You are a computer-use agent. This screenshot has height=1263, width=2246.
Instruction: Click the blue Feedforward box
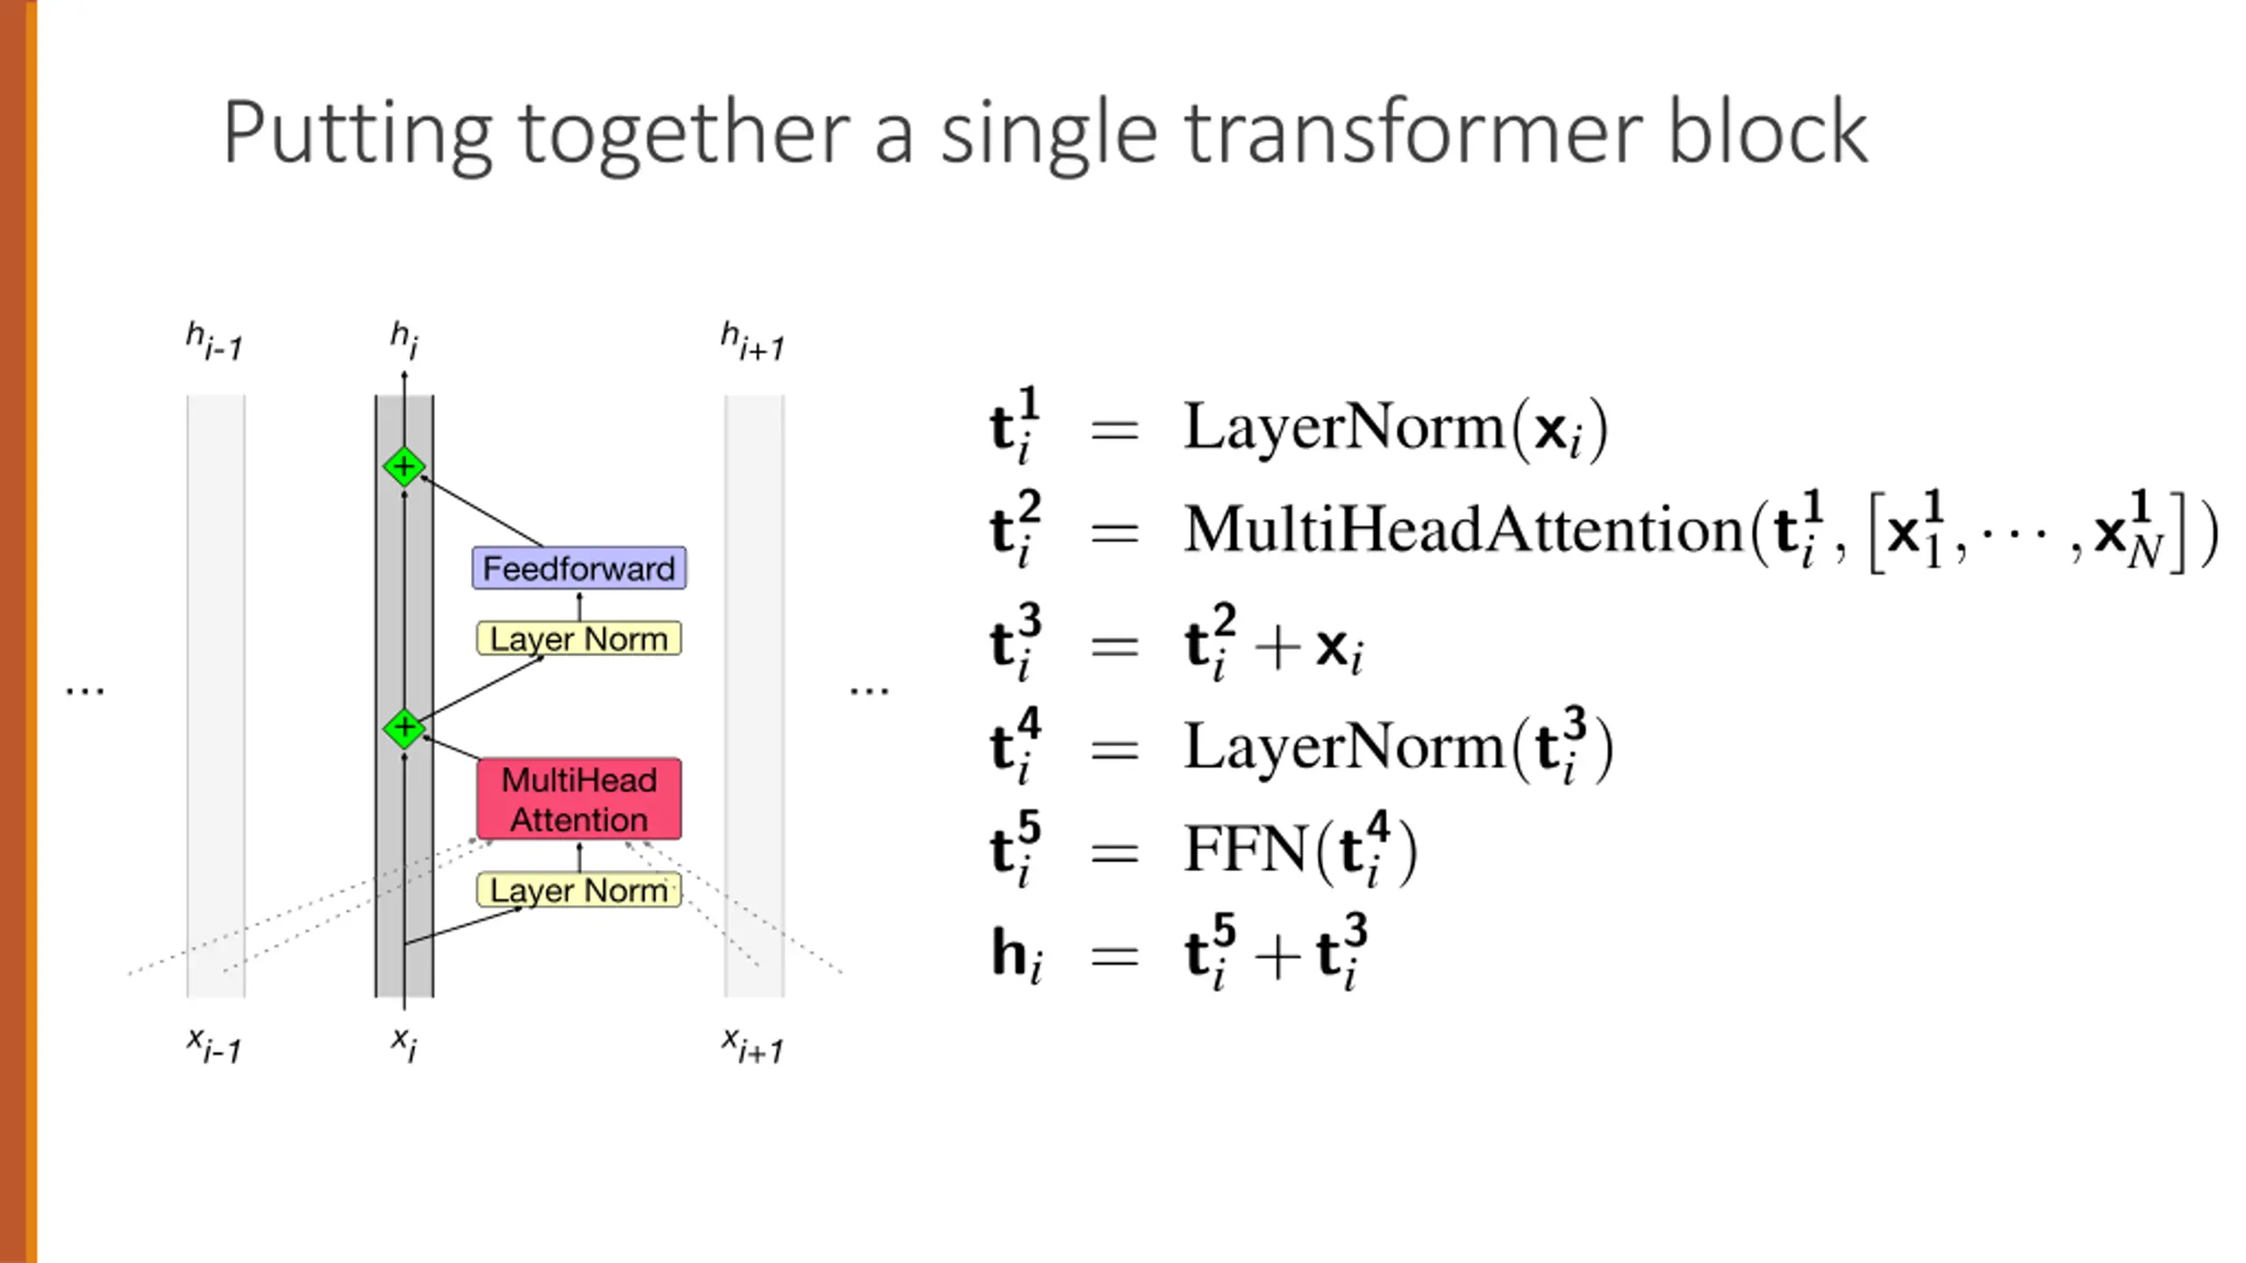[x=579, y=568]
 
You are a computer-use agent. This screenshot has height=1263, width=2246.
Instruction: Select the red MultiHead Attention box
[x=579, y=799]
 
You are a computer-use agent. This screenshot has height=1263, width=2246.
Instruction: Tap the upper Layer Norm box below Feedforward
[x=579, y=639]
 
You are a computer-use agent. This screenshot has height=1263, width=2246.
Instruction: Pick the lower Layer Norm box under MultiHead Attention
[x=579, y=890]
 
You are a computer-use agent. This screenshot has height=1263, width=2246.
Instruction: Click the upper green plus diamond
[x=404, y=467]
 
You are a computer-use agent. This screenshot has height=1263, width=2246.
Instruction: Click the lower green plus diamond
[x=404, y=727]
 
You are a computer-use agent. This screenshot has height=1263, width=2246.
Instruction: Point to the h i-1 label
[x=214, y=341]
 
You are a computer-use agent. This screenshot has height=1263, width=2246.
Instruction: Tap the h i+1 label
[x=752, y=341]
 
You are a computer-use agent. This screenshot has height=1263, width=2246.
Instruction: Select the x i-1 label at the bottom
[x=214, y=1045]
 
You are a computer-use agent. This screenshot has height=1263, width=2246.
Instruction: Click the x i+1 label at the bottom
[x=752, y=1045]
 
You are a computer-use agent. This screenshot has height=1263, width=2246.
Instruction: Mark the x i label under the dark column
[x=404, y=1044]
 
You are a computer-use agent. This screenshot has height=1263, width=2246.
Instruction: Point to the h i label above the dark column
[x=404, y=339]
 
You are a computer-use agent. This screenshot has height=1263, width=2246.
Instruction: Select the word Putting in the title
[x=356, y=133]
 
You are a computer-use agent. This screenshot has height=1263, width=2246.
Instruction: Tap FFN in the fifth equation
[x=1246, y=849]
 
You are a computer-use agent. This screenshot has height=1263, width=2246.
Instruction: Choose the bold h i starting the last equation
[x=1016, y=954]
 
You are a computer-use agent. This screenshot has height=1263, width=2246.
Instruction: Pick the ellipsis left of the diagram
[x=85, y=691]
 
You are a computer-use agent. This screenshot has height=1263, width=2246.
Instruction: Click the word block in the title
[x=1767, y=133]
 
